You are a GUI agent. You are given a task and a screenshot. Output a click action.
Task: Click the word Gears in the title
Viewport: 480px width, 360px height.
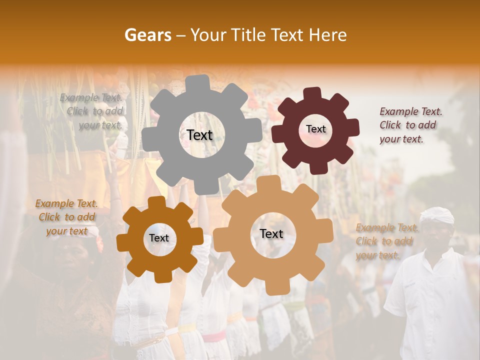[147, 35]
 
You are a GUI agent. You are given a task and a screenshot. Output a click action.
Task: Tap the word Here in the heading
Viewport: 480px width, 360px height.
[328, 35]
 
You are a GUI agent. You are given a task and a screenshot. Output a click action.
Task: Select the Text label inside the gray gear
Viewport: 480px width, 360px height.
[199, 135]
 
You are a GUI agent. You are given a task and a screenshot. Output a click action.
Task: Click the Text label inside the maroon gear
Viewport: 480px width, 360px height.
[315, 129]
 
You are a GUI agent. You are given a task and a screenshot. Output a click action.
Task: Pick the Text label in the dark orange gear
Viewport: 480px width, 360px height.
[159, 238]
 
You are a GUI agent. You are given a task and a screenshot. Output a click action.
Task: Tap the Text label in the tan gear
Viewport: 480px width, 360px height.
[271, 233]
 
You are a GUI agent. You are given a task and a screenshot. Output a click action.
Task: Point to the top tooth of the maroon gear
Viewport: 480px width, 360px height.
[312, 94]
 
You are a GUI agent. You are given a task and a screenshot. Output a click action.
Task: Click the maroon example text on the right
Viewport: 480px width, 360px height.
[410, 125]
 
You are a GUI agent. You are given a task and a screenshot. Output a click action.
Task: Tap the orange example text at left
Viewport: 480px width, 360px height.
[66, 217]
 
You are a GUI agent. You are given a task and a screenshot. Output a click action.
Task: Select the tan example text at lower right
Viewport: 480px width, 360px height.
[386, 241]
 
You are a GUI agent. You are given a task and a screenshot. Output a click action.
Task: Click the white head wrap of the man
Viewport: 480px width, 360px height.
[436, 215]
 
